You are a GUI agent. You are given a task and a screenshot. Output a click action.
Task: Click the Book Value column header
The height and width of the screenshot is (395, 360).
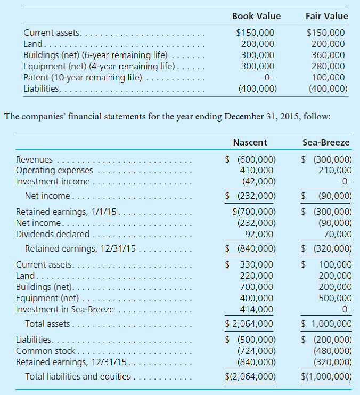pyautogui.click(x=256, y=16)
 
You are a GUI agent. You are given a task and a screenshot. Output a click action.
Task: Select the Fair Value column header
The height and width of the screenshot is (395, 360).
pyautogui.click(x=326, y=16)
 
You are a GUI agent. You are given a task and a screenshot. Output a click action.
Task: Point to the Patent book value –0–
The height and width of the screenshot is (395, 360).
pyautogui.click(x=265, y=77)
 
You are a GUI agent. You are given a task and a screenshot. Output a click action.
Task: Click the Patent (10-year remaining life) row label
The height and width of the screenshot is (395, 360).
pyautogui.click(x=83, y=77)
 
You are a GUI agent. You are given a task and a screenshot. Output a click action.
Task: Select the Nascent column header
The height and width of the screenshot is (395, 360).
pyautogui.click(x=250, y=142)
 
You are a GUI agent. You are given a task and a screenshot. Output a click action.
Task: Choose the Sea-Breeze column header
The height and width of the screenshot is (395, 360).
pyautogui.click(x=326, y=142)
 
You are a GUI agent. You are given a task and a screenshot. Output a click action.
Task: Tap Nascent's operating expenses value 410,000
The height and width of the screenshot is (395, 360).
pyautogui.click(x=258, y=170)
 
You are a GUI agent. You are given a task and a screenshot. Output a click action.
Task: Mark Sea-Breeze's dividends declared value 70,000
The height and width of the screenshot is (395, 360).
pyautogui.click(x=338, y=233)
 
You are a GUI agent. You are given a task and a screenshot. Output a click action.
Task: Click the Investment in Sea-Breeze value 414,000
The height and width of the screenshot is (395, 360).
pyautogui.click(x=258, y=309)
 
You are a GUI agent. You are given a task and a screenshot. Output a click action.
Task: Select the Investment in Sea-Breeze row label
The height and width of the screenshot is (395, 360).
pyautogui.click(x=64, y=309)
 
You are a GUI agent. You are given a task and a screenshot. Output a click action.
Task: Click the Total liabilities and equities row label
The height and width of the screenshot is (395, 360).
pyautogui.click(x=77, y=376)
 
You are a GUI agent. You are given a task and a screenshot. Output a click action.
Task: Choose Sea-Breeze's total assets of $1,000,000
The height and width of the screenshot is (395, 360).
pyautogui.click(x=327, y=324)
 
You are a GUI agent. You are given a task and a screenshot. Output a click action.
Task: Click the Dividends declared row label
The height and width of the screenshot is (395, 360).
pyautogui.click(x=53, y=233)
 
